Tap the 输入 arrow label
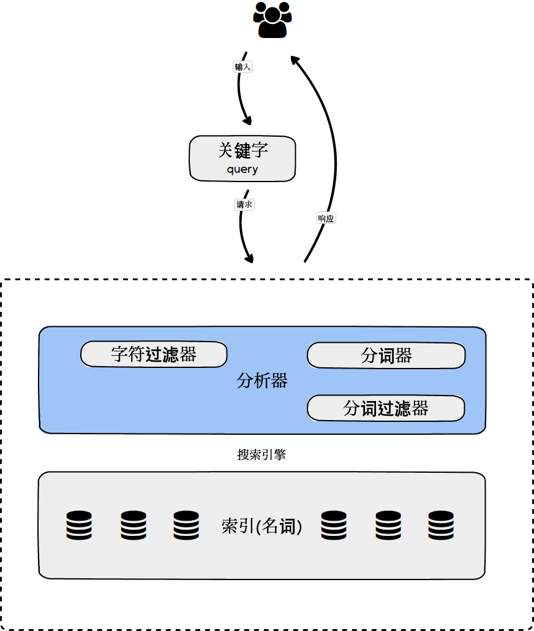tap(243, 67)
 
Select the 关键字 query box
tap(243, 158)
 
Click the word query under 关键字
tap(243, 170)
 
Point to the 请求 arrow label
tap(244, 205)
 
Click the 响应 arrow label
tap(326, 218)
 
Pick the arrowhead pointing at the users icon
tap(295, 59)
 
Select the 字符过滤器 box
tap(154, 354)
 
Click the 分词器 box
tap(386, 356)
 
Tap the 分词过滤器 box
tap(386, 408)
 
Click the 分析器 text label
tap(262, 381)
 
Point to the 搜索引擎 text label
tap(261, 455)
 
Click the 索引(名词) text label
tap(261, 526)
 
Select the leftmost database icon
tap(79, 526)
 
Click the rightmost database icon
tap(441, 526)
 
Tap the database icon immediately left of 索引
tap(186, 526)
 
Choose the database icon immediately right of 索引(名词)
tap(334, 526)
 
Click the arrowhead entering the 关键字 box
tap(248, 120)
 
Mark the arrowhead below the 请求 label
tap(249, 258)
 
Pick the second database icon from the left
tap(133, 526)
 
